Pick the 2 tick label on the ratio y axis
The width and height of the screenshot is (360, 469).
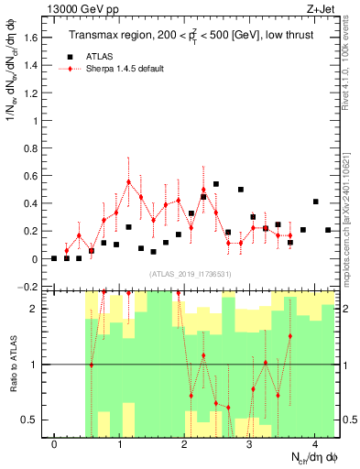(32, 309)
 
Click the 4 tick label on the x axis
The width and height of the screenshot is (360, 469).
(314, 445)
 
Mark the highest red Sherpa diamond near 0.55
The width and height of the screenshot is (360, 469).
(129, 182)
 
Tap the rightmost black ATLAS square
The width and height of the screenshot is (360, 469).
(328, 230)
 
